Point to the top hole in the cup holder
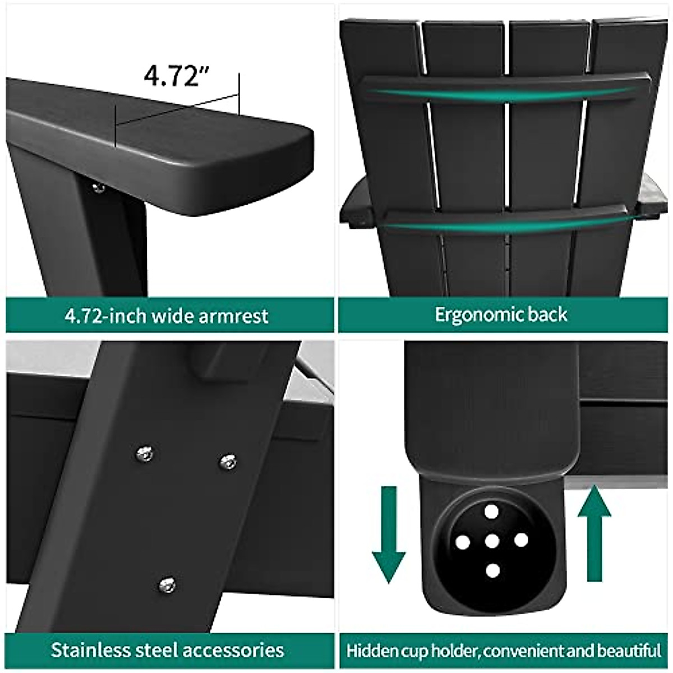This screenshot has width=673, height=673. [x=492, y=511]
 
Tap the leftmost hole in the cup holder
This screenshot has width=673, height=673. [x=462, y=542]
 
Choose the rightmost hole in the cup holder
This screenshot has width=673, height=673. [x=522, y=540]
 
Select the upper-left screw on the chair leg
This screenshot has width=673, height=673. [x=145, y=453]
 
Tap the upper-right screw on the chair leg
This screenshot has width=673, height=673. [x=228, y=462]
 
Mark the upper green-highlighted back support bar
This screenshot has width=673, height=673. [x=505, y=90]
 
